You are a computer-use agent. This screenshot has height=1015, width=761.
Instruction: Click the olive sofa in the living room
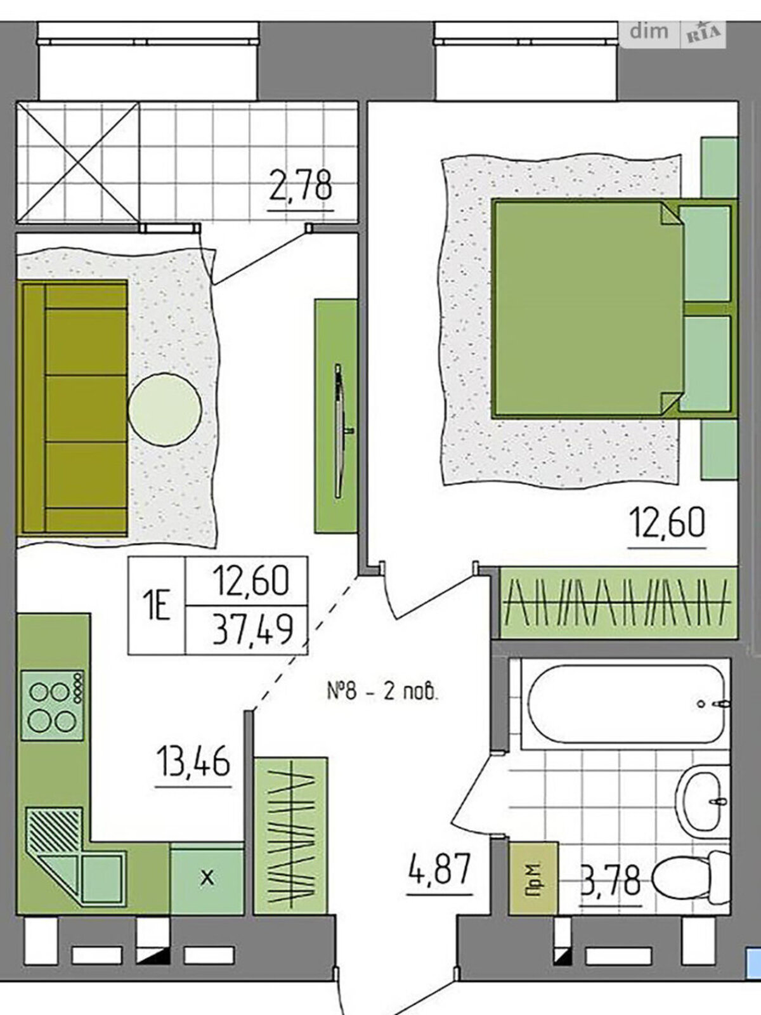tap(74, 409)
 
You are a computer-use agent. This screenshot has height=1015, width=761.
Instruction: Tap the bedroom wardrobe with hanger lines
tap(619, 603)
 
